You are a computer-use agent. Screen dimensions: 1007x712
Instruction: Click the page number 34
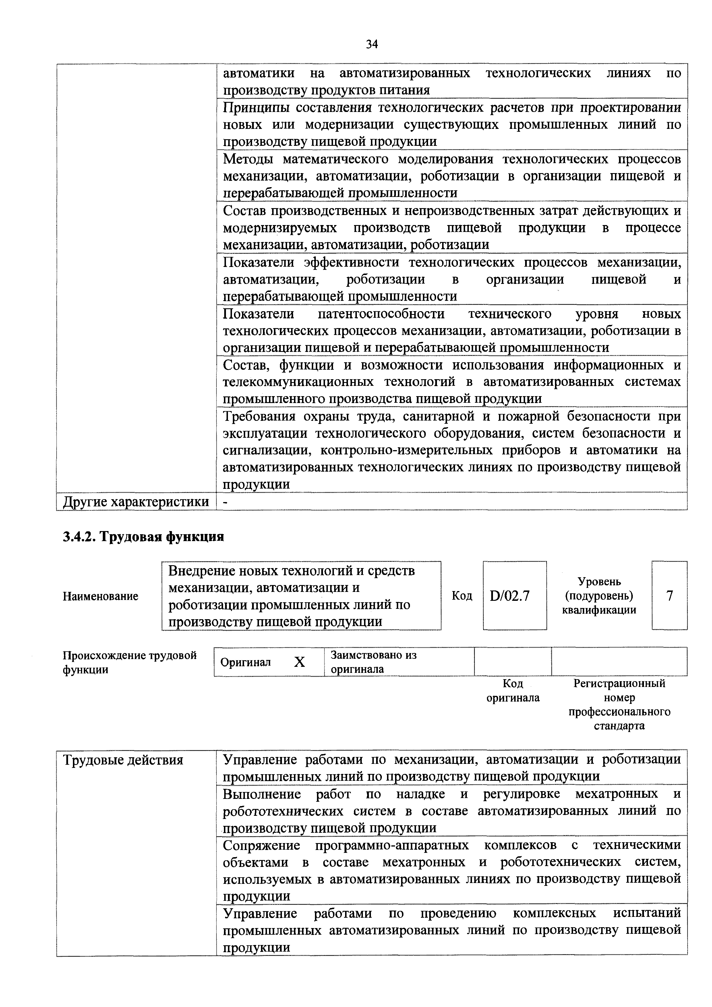click(x=372, y=44)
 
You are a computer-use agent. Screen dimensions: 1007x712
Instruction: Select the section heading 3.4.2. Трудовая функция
click(x=144, y=537)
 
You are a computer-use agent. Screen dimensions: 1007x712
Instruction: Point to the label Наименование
click(x=100, y=596)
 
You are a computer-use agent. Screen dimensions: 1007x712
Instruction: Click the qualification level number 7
click(x=670, y=596)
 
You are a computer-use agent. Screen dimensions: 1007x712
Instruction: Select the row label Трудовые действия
click(x=123, y=760)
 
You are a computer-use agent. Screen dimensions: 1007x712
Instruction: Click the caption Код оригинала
click(x=513, y=690)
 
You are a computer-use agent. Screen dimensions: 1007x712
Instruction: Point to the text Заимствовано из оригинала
click(x=373, y=662)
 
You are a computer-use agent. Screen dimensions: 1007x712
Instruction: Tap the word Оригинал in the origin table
click(x=246, y=662)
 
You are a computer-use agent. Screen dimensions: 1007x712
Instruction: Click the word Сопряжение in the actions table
click(x=262, y=845)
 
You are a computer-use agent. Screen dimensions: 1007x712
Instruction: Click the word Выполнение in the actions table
click(x=262, y=794)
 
